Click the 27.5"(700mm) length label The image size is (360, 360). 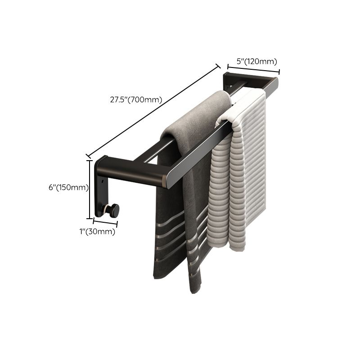point(135,100)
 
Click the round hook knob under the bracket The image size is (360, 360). point(113,210)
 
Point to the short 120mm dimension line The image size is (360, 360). point(252,69)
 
